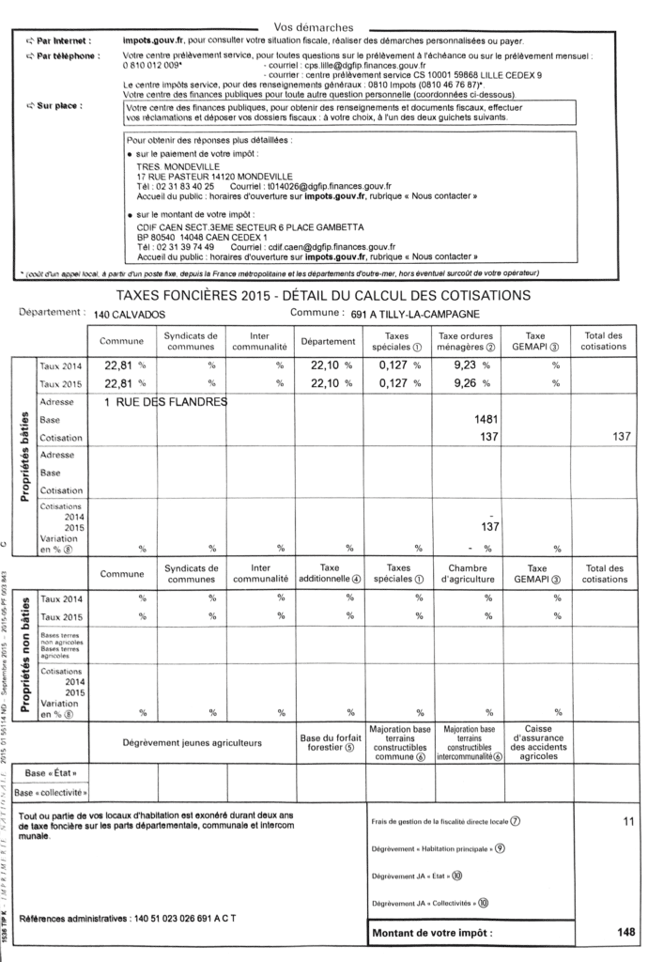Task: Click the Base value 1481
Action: click(485, 420)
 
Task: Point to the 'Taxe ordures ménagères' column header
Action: click(467, 341)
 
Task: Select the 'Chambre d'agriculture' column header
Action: click(467, 574)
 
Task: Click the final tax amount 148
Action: click(625, 933)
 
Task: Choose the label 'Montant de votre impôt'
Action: click(432, 933)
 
